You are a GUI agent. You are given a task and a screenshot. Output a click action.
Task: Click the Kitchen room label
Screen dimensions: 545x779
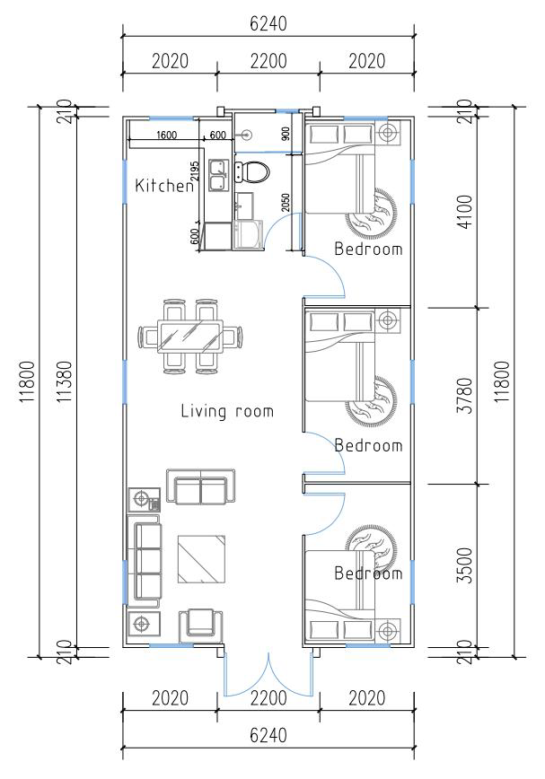point(164,186)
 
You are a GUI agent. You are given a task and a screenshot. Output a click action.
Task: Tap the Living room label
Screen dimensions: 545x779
point(227,411)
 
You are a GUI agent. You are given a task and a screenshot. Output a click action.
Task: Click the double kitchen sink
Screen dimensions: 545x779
point(218,175)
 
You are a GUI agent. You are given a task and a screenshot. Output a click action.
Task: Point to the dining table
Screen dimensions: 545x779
point(189,337)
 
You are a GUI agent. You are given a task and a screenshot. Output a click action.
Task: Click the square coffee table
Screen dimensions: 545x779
point(201,559)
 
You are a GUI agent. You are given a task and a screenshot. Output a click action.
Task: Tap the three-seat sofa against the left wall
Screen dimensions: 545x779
point(145,561)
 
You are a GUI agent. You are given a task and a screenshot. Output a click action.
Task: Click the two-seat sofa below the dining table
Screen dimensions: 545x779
point(200,486)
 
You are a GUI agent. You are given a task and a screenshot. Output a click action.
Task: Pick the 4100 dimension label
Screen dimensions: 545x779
point(467,212)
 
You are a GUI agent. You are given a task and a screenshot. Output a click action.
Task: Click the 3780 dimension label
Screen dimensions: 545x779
point(467,396)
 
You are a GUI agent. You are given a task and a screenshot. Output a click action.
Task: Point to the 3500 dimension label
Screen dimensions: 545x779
point(467,565)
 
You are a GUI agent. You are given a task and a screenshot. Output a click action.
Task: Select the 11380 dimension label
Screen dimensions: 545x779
point(66,381)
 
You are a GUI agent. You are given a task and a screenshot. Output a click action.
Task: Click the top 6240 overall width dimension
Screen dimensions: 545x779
point(268,23)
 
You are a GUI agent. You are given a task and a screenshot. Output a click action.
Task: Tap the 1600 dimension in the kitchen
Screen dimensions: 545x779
point(165,135)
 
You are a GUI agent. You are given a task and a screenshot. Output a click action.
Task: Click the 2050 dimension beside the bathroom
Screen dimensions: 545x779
point(286,202)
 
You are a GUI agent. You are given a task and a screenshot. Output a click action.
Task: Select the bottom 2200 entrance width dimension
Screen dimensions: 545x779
point(268,698)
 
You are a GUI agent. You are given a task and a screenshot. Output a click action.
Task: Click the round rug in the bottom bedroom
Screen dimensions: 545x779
point(371,550)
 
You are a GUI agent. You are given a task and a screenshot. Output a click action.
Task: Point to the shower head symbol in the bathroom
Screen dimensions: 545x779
point(245,134)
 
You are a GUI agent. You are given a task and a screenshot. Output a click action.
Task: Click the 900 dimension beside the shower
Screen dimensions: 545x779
point(286,134)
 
